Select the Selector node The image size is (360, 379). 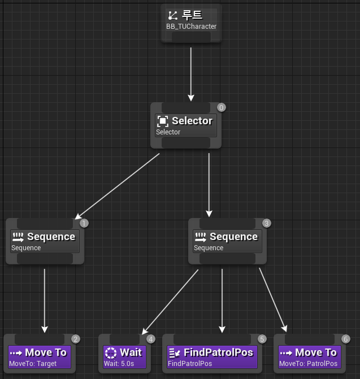point(185,125)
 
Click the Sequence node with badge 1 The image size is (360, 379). point(45,241)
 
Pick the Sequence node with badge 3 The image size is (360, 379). point(227,241)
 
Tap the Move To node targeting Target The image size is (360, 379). point(40,357)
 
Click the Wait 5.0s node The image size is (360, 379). point(125,357)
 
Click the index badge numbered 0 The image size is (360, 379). point(221,107)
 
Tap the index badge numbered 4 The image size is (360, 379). point(150,339)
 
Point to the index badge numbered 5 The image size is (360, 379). point(262,339)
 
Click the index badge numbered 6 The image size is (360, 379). point(345,339)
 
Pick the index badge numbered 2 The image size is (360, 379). point(76,339)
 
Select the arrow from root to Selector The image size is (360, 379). point(191,73)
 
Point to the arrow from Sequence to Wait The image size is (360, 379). point(170,302)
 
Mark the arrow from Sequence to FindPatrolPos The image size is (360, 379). point(222,299)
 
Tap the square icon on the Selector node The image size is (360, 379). point(163,121)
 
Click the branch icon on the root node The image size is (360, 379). point(174,15)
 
